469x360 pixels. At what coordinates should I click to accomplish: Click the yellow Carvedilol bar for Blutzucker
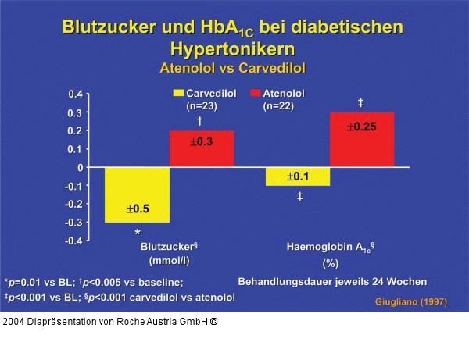(x=138, y=194)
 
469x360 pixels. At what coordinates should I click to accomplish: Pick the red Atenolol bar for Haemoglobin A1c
(x=361, y=140)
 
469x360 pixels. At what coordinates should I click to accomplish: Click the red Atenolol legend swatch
(x=256, y=94)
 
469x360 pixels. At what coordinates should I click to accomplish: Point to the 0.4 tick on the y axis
(x=75, y=94)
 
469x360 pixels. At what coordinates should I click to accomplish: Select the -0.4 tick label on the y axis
(x=73, y=241)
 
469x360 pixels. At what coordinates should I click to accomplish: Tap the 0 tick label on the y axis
(x=79, y=167)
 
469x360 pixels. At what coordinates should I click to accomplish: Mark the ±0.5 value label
(x=138, y=209)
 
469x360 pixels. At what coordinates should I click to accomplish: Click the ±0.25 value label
(x=360, y=127)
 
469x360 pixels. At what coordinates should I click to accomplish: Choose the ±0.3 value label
(x=202, y=142)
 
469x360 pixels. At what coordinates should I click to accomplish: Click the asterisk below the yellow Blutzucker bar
(x=138, y=233)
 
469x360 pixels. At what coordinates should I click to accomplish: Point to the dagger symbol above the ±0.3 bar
(x=200, y=121)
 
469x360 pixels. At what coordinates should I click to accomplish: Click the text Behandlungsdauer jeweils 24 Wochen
(x=332, y=280)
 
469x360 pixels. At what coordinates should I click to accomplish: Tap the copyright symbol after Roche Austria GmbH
(x=214, y=322)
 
